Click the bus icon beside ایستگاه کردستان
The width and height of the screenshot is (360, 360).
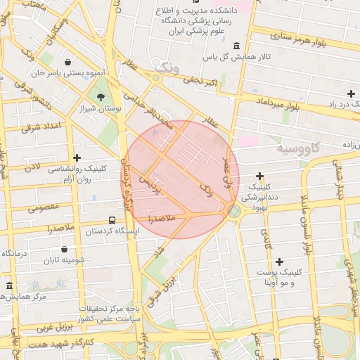pos(113,221)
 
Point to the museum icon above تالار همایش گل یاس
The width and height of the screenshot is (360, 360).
pos(235,46)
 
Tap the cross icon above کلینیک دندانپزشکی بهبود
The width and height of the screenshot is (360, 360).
pos(259,176)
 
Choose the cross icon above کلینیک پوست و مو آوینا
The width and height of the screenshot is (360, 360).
pos(280,262)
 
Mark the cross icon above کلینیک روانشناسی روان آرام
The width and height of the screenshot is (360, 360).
pos(77,158)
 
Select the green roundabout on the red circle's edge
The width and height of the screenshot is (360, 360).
pos(232,209)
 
